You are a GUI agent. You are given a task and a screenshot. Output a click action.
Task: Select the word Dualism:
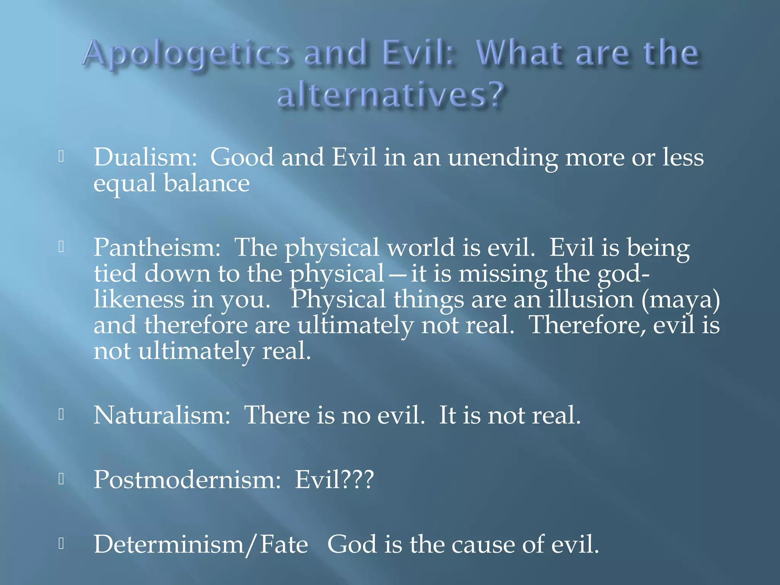click(145, 157)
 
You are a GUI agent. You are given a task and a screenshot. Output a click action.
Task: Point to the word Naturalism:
click(162, 415)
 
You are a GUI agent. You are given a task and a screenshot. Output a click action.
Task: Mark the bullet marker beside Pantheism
click(61, 247)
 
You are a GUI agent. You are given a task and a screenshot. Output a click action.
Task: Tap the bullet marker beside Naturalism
click(61, 414)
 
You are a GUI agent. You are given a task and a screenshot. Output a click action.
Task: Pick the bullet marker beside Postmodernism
click(61, 479)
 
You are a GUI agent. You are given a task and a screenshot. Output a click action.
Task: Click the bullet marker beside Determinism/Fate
click(61, 543)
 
